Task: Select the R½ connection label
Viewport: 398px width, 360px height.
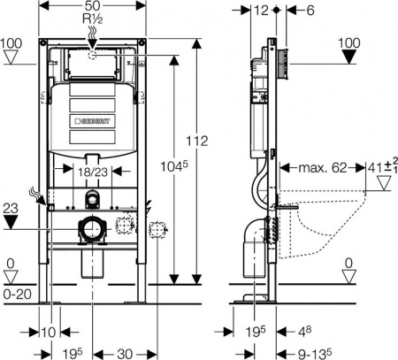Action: point(92,19)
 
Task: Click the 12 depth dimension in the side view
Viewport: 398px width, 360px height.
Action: point(258,11)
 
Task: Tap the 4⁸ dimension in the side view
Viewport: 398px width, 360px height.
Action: point(303,331)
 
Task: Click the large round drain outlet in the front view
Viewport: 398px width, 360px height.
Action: point(92,231)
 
